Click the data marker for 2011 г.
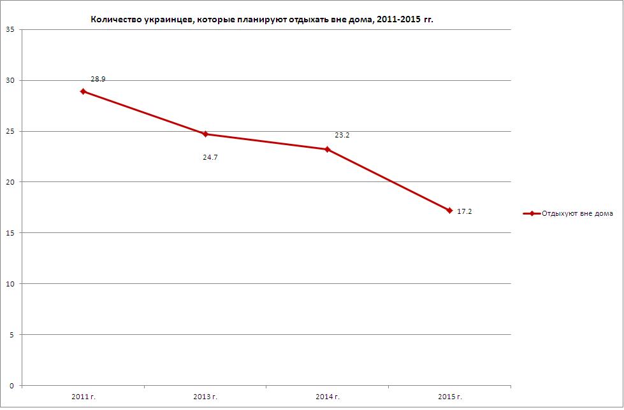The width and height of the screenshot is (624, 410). [83, 92]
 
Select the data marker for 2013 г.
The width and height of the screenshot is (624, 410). [205, 134]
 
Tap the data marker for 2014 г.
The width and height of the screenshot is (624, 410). [327, 150]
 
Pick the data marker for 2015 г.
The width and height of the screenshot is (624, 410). [449, 210]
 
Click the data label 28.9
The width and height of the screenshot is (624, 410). [98, 80]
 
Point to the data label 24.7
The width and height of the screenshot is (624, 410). [210, 157]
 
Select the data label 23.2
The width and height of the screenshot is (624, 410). [342, 136]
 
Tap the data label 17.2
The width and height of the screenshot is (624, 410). [465, 211]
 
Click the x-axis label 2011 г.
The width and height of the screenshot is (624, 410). [83, 397]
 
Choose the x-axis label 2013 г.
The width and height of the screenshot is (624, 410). [205, 397]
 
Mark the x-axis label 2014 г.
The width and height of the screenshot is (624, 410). [328, 397]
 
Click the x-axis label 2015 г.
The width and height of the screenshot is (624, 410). [449, 397]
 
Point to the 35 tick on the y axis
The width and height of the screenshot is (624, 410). [11, 30]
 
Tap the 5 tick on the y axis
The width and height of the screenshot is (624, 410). [13, 335]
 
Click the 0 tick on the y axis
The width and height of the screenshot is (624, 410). [13, 386]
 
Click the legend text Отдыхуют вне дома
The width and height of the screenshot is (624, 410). [577, 214]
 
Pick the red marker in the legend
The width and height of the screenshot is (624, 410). [531, 214]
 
